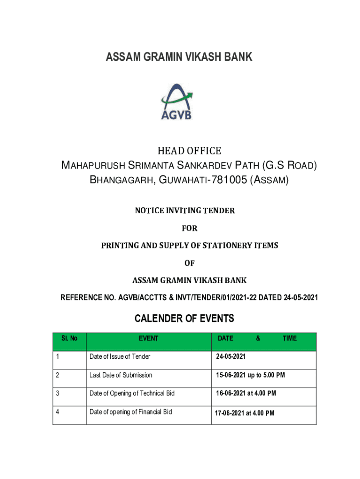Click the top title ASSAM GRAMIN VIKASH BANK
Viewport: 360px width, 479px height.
point(179,57)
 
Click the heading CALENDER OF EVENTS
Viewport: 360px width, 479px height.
point(184,319)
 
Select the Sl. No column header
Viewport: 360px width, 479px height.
point(70,338)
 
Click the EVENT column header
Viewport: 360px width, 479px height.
point(148,338)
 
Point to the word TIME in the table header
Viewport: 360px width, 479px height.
point(289,338)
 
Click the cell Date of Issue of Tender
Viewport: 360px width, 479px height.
point(120,357)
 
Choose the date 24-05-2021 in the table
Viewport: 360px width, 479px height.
point(230,357)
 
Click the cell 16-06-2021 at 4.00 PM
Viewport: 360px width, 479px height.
point(245,393)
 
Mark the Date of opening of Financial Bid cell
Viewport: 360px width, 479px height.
point(130,412)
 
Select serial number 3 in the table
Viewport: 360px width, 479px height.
point(58,393)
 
